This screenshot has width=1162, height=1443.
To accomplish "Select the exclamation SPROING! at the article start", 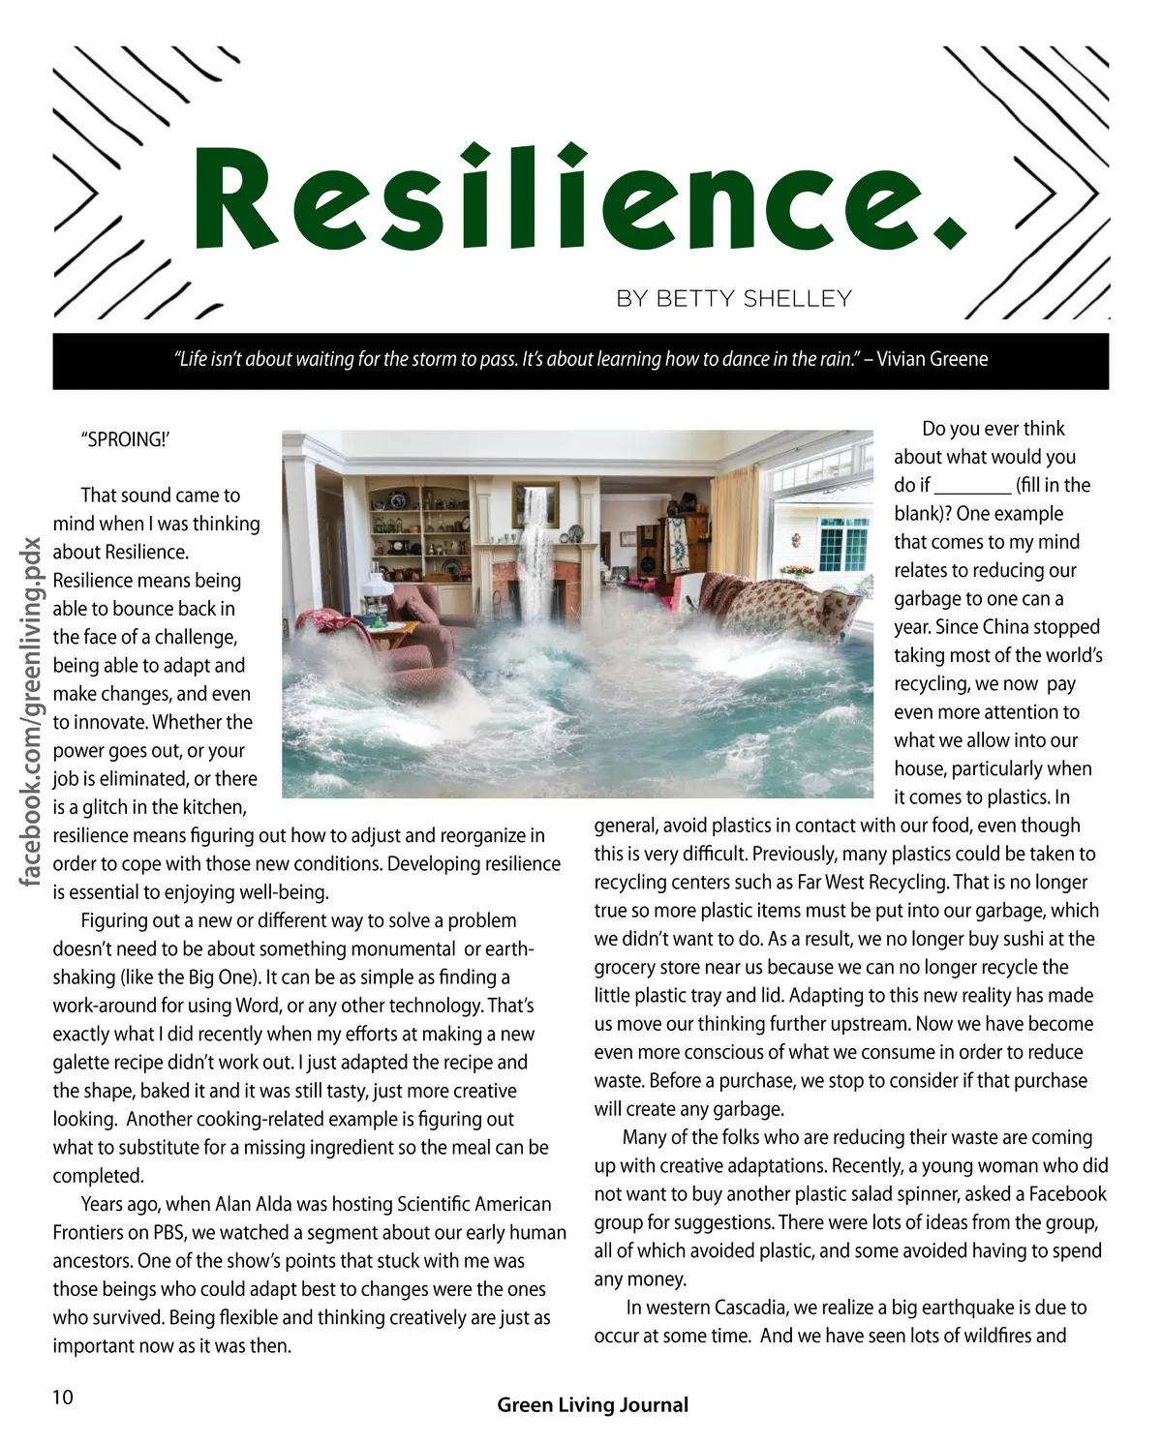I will click(x=125, y=439).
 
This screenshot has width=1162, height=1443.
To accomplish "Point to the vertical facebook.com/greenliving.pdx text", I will click(x=31, y=711).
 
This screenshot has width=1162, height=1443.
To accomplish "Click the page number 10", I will click(x=62, y=1397).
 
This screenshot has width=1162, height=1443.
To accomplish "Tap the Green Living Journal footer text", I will click(x=593, y=1405).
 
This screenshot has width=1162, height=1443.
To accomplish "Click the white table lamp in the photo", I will click(x=373, y=591).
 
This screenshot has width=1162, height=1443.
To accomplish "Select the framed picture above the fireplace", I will click(x=535, y=503).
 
